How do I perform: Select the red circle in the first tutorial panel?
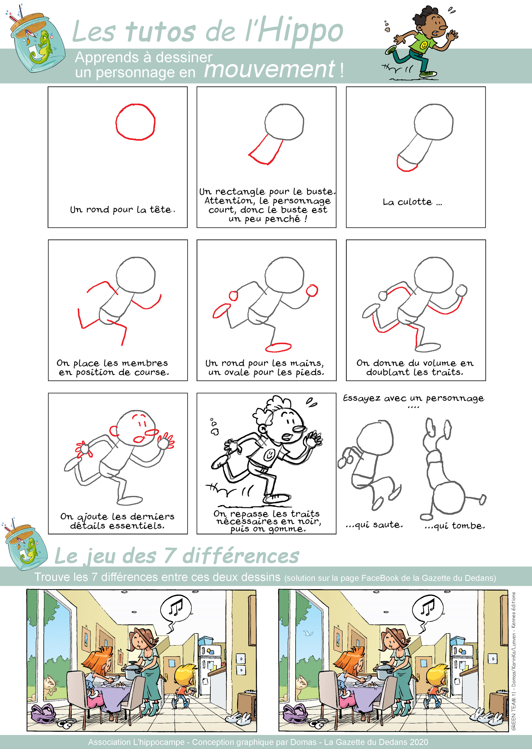tap(135, 122)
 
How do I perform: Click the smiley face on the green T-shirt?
tap(424, 45)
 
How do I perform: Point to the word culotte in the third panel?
tap(414, 202)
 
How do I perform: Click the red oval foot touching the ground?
tap(278, 347)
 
